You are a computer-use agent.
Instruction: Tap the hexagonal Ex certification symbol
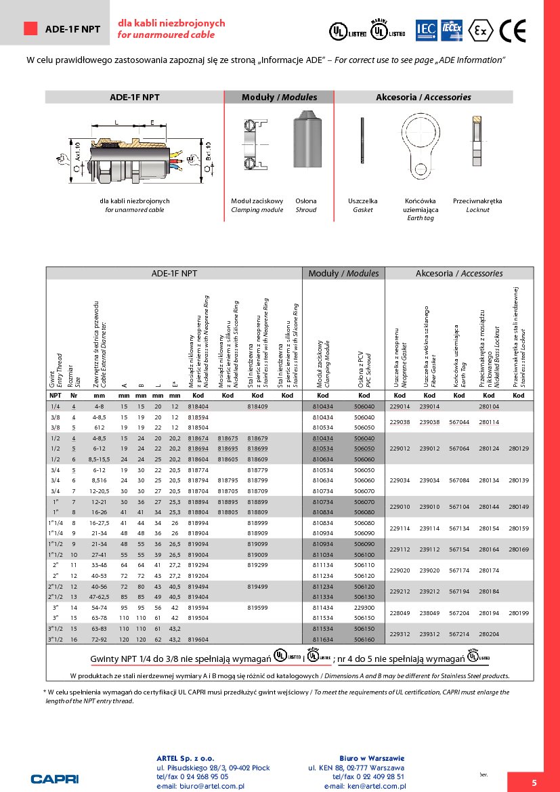click(x=481, y=30)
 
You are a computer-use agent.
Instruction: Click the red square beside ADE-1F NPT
click(x=30, y=28)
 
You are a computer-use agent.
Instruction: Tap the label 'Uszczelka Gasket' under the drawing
click(x=363, y=205)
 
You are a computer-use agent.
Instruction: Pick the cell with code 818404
click(x=198, y=407)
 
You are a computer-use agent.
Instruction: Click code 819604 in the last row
click(x=198, y=638)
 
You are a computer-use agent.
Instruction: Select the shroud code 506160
click(x=364, y=638)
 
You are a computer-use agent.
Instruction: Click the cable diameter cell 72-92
click(x=100, y=638)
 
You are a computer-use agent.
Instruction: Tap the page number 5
click(x=534, y=783)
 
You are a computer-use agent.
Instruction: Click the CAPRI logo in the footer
click(x=55, y=778)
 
